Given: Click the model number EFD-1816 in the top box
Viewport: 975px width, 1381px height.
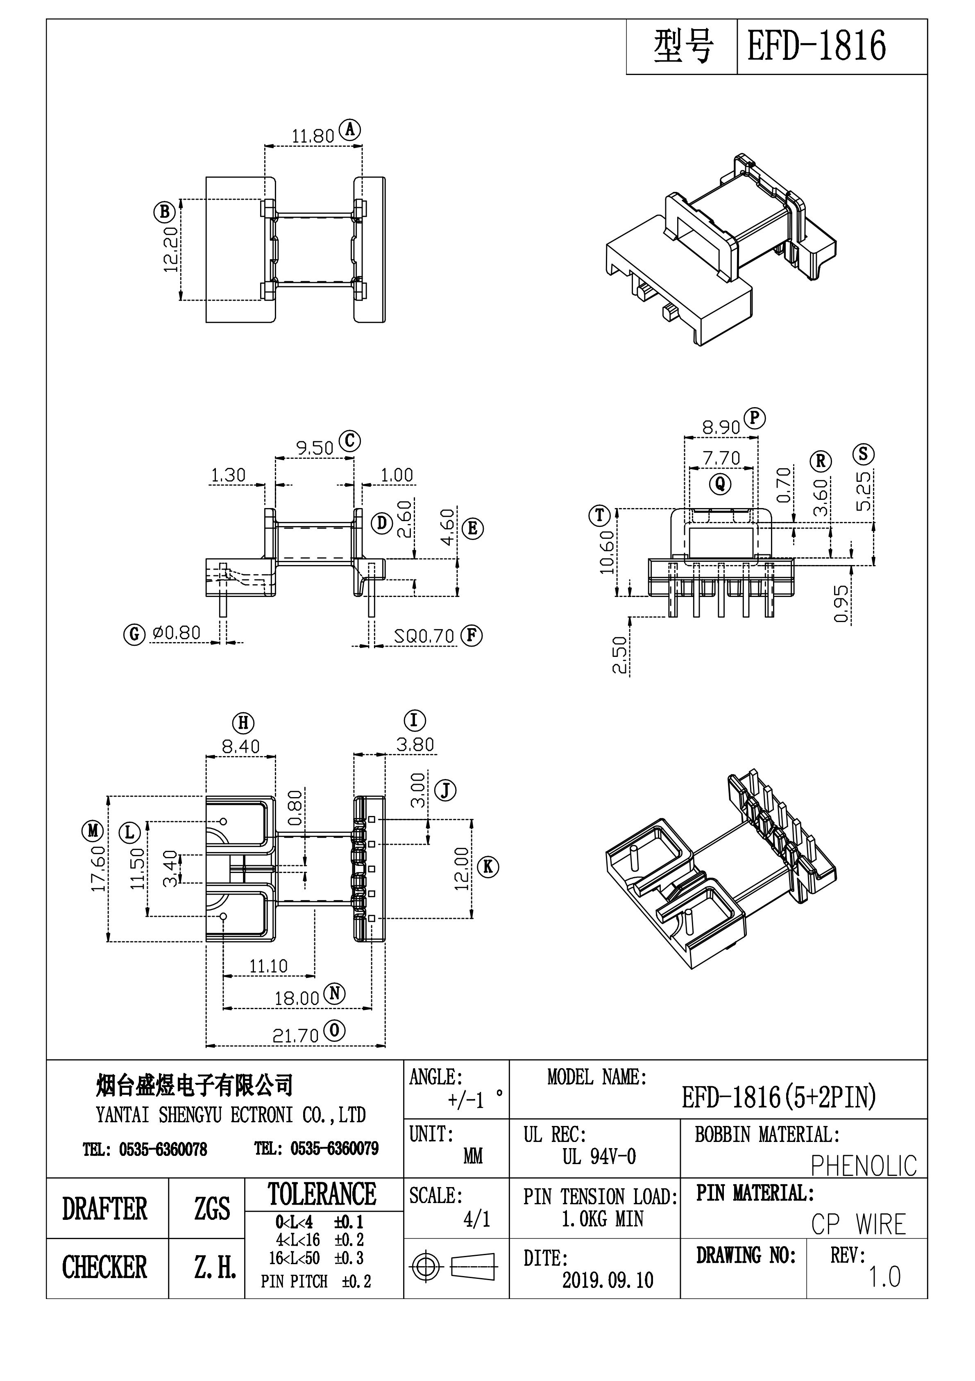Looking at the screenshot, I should click(x=816, y=46).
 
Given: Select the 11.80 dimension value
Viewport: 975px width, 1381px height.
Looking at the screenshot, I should click(x=313, y=136).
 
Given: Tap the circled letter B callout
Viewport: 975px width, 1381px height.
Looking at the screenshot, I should click(x=164, y=212).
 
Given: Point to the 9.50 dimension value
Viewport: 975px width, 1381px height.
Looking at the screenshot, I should click(x=314, y=448).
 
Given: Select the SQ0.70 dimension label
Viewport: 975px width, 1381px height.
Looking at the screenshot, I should click(x=424, y=636).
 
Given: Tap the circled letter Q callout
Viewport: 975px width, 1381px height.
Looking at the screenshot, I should click(x=720, y=483).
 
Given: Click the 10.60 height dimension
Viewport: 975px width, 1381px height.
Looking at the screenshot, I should click(x=607, y=551).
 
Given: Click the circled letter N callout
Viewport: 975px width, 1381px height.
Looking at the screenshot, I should click(x=334, y=993).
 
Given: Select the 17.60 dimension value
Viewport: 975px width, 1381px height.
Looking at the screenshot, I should click(x=98, y=868).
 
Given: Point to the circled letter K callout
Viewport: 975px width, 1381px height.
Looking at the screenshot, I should click(x=487, y=867).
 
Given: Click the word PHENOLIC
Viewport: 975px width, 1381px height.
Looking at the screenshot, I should click(x=863, y=1166).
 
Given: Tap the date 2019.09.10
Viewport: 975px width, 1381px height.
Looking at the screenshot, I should click(x=607, y=1280).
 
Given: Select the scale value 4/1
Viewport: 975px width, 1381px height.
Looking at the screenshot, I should click(x=477, y=1219).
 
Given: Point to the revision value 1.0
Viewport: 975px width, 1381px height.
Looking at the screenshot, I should click(x=884, y=1276).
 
